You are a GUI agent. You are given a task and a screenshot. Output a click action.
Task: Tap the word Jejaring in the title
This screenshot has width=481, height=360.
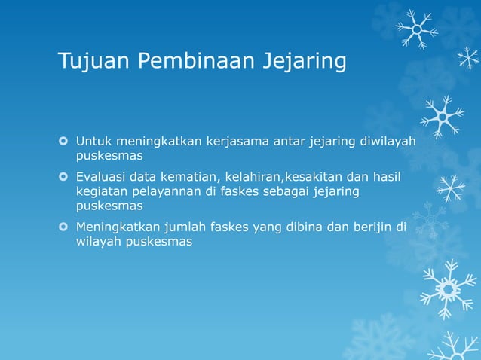coord(305,62)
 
